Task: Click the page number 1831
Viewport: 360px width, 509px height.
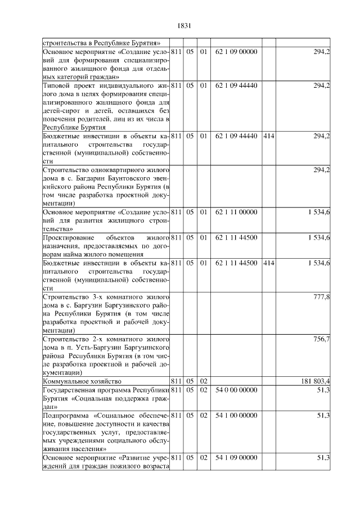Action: tap(184, 25)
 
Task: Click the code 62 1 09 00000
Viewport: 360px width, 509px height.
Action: tap(236, 52)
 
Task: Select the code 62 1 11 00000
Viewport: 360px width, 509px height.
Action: tap(236, 211)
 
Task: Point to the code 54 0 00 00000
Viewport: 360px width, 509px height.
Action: tap(236, 390)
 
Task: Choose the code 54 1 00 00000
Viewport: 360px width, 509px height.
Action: tap(236, 415)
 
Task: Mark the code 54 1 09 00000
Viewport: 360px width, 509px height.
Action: tap(236, 457)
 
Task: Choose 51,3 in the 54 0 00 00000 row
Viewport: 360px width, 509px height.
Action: tap(323, 390)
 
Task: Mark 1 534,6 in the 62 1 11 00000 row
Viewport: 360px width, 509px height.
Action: tap(318, 211)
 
